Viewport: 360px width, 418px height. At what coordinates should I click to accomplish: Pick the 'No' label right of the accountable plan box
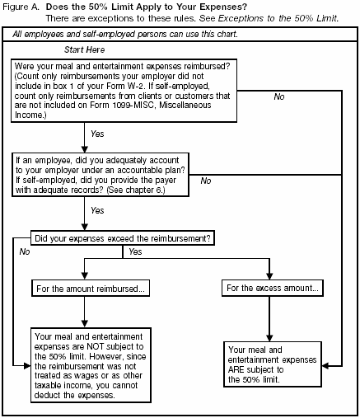coord(206,181)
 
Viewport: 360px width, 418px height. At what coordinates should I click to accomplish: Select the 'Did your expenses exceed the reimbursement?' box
coord(122,237)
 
